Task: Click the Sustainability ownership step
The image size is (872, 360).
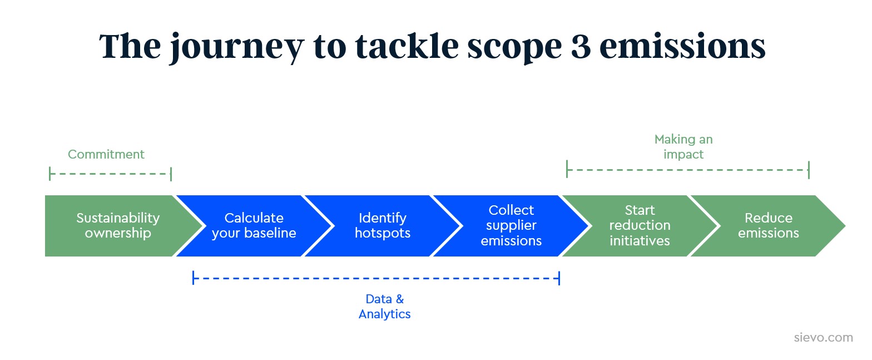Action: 117,225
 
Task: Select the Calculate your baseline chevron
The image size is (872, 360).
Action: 254,225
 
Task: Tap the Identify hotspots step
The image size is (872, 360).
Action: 382,225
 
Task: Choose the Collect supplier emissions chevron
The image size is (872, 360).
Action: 511,225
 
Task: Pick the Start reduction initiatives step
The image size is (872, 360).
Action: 640,225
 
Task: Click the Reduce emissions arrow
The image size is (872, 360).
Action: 768,225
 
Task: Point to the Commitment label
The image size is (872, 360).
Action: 106,154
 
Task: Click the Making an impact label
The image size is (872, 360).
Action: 683,147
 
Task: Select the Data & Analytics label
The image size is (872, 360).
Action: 384,307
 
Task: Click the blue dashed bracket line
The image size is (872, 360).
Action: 376,277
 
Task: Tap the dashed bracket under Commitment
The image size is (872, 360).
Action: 110,174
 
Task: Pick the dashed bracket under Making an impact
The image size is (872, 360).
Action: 687,169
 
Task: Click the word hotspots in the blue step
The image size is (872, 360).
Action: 383,233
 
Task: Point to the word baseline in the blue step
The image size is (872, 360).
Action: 269,233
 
